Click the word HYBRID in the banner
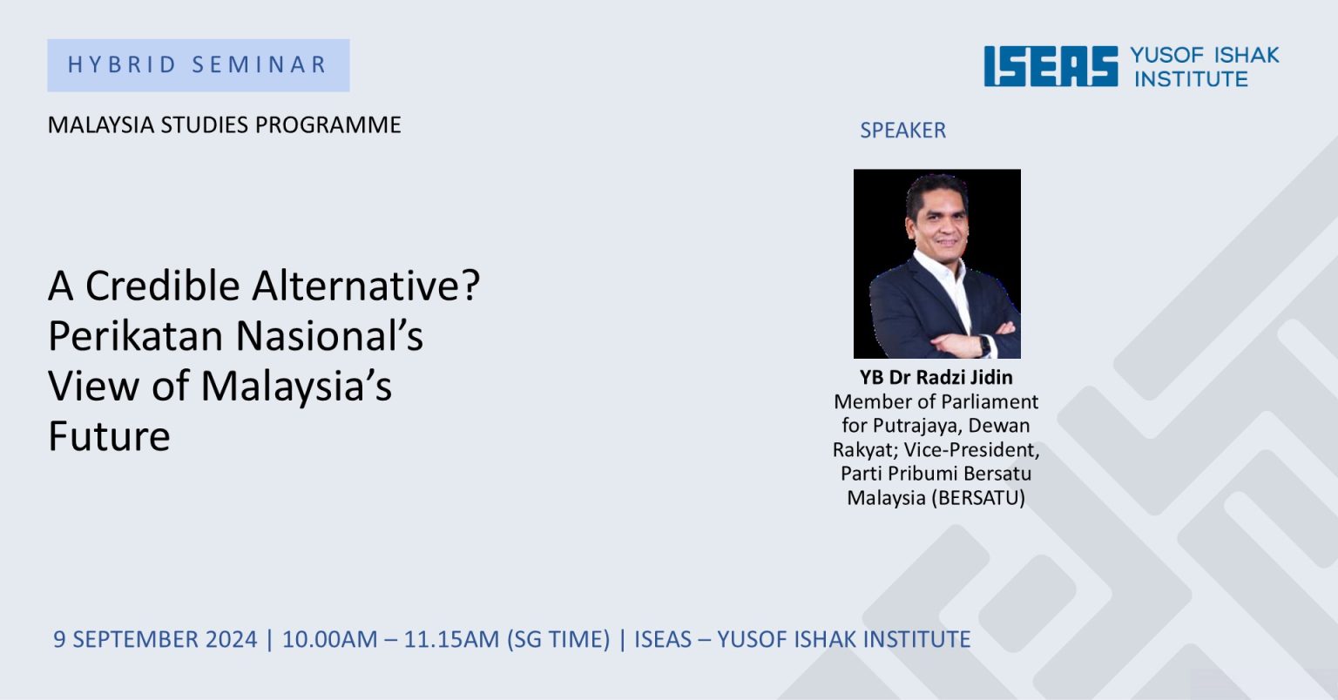tap(122, 64)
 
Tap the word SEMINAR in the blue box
tap(260, 64)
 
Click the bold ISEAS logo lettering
tap(1051, 66)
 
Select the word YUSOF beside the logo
tap(1167, 55)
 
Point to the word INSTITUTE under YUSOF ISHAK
tap(1191, 79)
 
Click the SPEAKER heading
tap(902, 131)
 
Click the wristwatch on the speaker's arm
tap(983, 346)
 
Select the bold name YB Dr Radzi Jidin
tap(936, 378)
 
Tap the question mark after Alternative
tap(470, 286)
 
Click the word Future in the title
tap(109, 436)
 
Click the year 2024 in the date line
tap(231, 639)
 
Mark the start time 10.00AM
tap(330, 639)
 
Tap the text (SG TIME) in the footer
tap(558, 639)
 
